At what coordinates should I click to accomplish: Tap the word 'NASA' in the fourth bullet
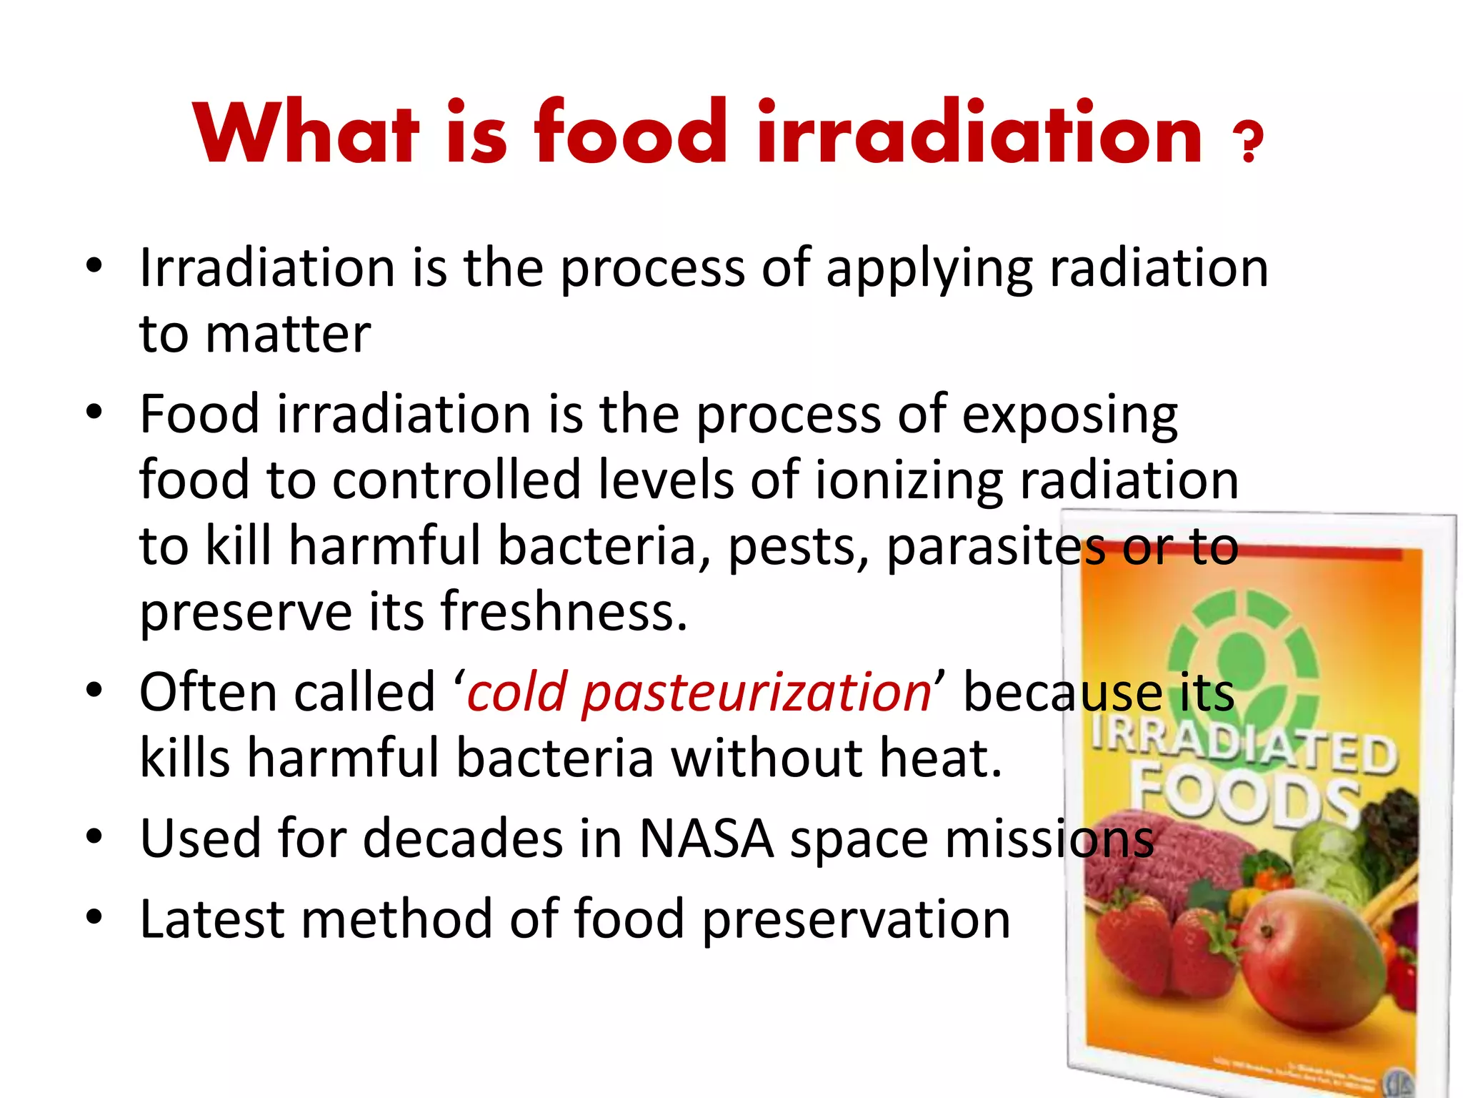(706, 839)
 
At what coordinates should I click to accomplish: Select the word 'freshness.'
(564, 613)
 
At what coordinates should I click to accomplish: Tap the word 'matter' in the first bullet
(288, 334)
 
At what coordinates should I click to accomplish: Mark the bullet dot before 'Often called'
(94, 691)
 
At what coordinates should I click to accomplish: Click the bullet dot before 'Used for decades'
(94, 837)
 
